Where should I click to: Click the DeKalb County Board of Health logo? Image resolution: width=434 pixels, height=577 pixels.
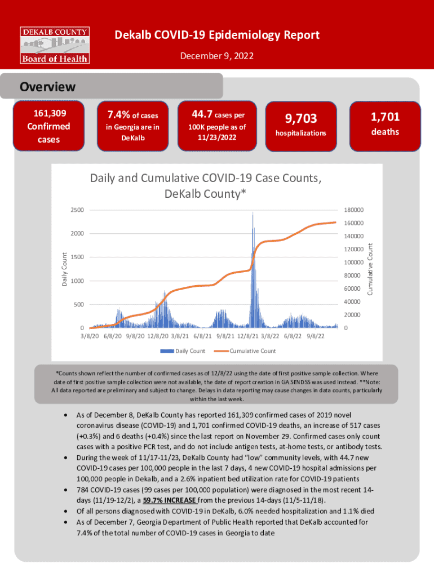point(55,44)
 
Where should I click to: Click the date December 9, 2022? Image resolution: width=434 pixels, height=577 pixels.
point(217,56)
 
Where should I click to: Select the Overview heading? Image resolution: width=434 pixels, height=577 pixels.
point(47,87)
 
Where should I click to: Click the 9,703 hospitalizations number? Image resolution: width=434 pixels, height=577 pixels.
point(300,118)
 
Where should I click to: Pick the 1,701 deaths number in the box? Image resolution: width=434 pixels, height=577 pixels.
point(385,117)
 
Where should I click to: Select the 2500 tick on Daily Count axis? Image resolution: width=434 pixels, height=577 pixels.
point(77,210)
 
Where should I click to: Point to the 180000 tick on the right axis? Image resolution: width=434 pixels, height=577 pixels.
point(353,210)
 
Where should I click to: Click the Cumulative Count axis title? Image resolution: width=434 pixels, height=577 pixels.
point(370,268)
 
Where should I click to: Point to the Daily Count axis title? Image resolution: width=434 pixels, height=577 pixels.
point(64,268)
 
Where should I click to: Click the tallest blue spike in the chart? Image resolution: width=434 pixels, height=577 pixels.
point(253,214)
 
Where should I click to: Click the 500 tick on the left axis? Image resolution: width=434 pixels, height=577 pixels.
point(79,304)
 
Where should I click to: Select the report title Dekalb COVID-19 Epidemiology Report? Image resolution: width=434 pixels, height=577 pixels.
point(217,35)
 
